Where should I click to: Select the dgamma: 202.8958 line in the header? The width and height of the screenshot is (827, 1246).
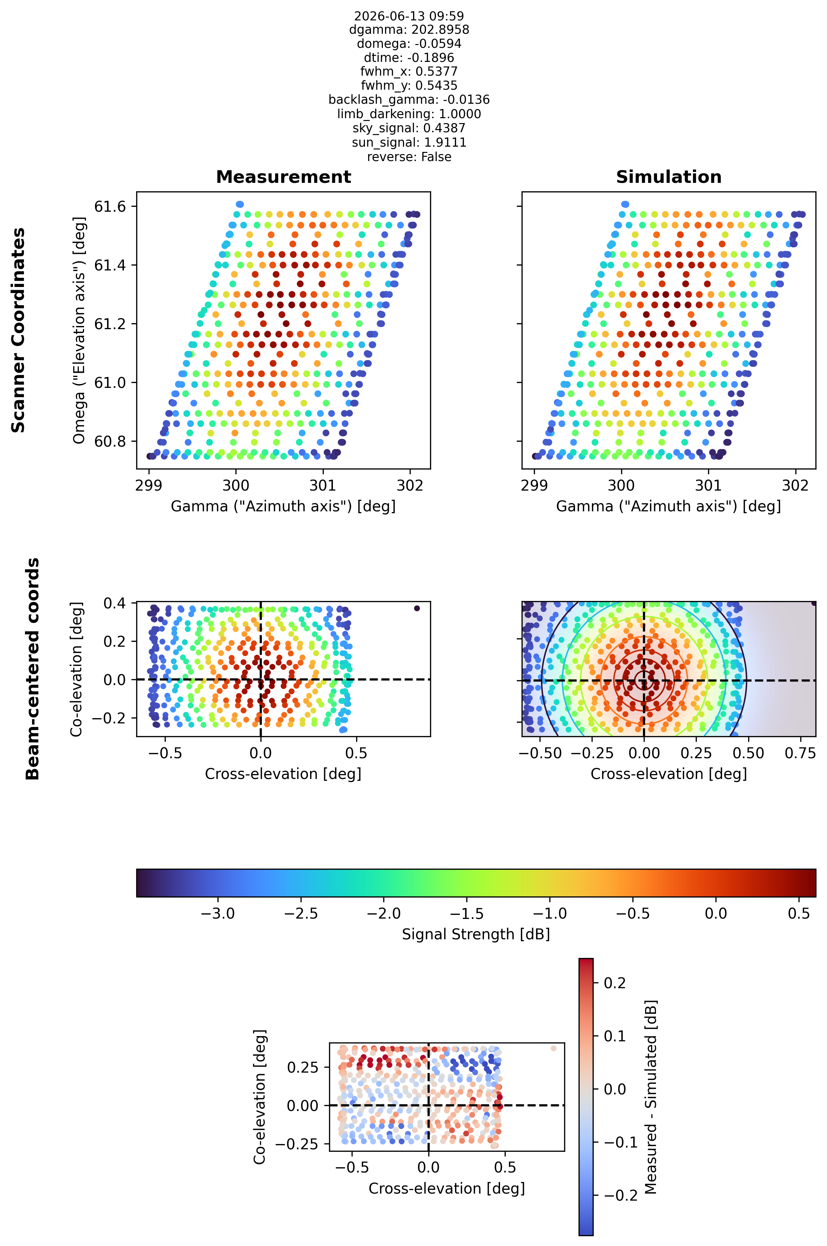tap(409, 30)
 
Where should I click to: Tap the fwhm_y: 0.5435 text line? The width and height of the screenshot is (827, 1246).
tap(409, 85)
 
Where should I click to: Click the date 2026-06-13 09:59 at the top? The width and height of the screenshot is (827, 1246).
tap(409, 16)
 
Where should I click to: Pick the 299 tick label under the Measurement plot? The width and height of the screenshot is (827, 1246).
tap(149, 485)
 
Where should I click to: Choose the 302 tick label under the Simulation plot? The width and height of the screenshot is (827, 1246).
tap(795, 485)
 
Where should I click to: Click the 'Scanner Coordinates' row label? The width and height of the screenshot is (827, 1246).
tap(18, 330)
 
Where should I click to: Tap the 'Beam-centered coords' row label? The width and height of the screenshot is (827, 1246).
tap(33, 669)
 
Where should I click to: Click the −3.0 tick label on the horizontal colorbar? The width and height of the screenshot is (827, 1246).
tap(218, 913)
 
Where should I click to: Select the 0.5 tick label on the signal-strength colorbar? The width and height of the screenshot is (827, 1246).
tap(799, 913)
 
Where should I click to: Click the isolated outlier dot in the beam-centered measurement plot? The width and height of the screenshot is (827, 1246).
tap(417, 608)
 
